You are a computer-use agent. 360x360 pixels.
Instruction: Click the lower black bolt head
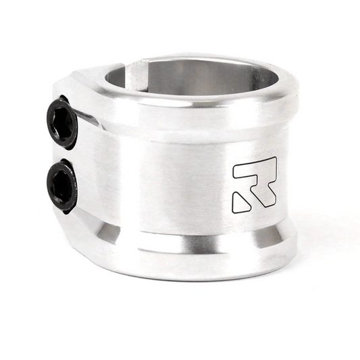click(x=62, y=186)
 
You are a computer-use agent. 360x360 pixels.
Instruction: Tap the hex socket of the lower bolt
click(x=61, y=186)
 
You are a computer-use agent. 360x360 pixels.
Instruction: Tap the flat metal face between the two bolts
click(x=62, y=154)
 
